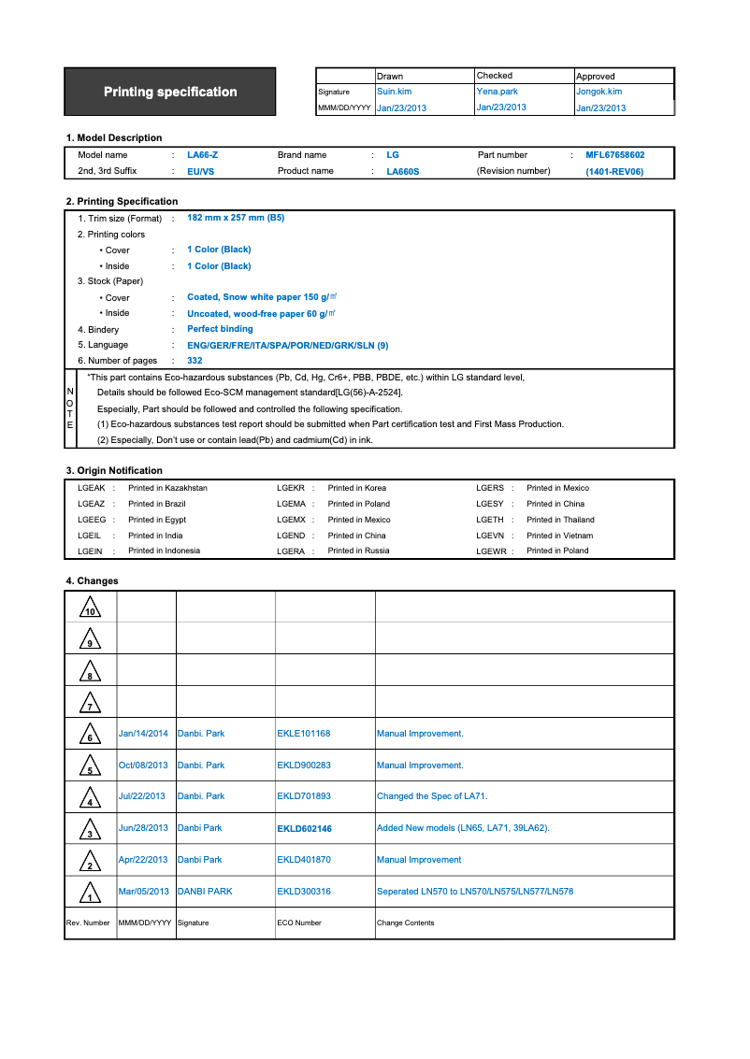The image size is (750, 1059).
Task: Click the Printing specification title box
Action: point(170,92)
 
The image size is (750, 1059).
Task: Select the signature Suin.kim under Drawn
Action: point(394,92)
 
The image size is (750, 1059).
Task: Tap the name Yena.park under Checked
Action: point(497,92)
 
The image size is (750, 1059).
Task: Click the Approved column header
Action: point(596,76)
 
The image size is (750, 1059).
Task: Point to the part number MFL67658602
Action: point(614,155)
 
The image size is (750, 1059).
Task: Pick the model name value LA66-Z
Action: point(202,155)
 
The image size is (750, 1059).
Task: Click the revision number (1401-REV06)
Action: point(614,172)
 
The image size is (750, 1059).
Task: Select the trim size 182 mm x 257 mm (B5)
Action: point(236,218)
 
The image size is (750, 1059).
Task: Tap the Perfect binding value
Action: point(220,329)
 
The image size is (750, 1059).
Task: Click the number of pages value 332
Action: point(195,361)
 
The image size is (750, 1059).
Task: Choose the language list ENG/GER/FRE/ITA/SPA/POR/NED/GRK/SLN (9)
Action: point(288,345)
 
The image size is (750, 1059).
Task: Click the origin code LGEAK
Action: point(92,488)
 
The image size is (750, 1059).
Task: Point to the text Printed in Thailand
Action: point(560,520)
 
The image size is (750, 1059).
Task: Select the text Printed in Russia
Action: point(358,551)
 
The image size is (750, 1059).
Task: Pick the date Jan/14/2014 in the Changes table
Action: point(143,734)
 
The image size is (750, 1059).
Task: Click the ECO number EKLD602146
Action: point(304,829)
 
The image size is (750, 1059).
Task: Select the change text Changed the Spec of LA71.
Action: point(432,796)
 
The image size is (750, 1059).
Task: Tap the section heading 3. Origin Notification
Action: point(114,470)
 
